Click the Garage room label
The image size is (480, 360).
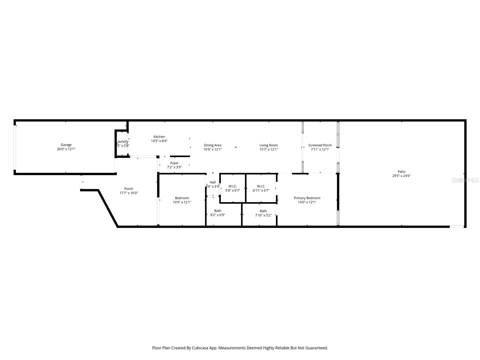(66, 145)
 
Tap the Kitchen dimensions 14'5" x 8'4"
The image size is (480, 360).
(159, 141)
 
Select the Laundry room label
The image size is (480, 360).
(122, 142)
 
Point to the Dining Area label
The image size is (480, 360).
(212, 145)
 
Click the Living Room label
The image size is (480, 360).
(268, 145)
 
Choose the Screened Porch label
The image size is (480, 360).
(320, 145)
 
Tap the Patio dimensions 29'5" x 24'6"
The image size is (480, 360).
(401, 176)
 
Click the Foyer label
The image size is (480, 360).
(174, 163)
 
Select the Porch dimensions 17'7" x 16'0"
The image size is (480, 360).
(128, 193)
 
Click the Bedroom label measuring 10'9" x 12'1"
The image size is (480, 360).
(182, 198)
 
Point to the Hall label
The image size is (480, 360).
(212, 182)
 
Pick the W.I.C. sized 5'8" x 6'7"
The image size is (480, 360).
(232, 186)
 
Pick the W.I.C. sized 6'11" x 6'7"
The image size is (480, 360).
(261, 186)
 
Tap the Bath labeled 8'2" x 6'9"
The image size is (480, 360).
(217, 211)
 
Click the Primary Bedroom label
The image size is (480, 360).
(307, 198)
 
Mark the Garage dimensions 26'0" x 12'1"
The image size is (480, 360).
(66, 149)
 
